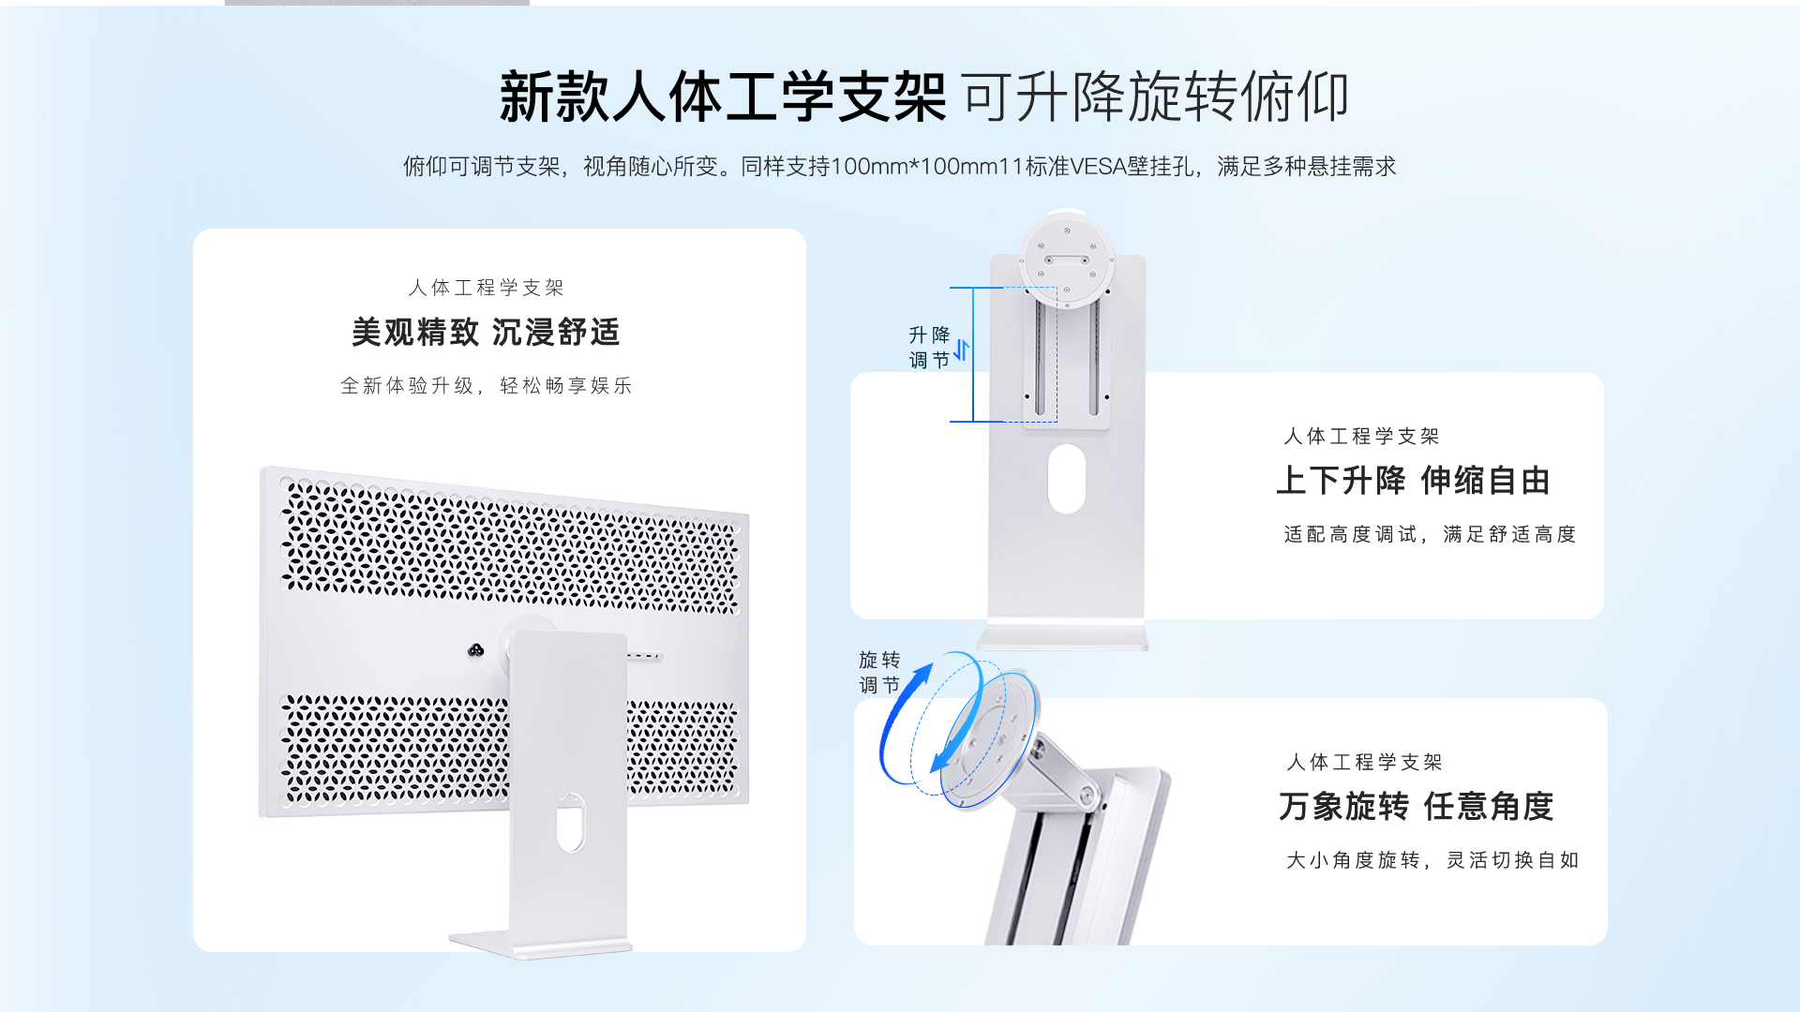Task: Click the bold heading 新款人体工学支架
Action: click(723, 97)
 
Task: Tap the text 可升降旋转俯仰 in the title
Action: click(1156, 97)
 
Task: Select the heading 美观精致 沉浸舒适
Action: click(486, 332)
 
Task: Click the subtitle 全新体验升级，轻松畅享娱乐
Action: click(486, 385)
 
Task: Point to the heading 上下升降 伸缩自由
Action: click(1413, 481)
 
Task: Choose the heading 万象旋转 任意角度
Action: click(1416, 807)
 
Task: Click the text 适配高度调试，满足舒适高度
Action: click(1430, 534)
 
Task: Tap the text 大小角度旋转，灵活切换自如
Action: click(1432, 860)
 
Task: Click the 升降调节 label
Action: click(929, 348)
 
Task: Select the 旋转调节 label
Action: click(879, 673)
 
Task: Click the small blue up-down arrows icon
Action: click(962, 350)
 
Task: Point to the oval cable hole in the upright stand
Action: click(1067, 479)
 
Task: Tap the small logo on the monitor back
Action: click(476, 650)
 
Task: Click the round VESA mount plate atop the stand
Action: click(1067, 260)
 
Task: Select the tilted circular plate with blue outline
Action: click(990, 740)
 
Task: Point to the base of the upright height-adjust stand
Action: click(1063, 639)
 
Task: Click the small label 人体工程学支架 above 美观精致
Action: click(486, 288)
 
